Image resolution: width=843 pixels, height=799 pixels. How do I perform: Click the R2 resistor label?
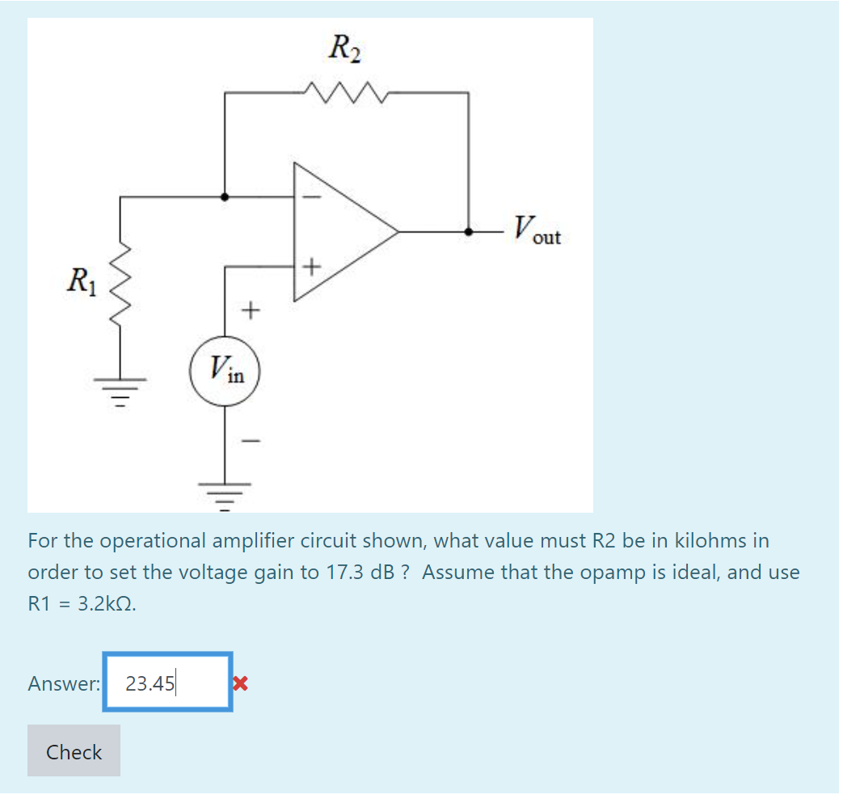coord(345,49)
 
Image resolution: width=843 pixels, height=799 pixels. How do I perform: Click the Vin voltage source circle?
coord(225,372)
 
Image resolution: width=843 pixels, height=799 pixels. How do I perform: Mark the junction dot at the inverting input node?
coord(225,197)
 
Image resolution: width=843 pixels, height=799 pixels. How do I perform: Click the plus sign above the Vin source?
coord(252,309)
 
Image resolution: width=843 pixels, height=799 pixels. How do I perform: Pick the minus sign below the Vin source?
coord(252,442)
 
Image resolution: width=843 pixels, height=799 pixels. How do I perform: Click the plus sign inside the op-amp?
coord(313,265)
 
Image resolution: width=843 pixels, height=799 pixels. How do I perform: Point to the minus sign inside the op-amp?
coord(313,197)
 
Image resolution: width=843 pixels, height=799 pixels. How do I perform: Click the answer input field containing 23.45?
coord(168,683)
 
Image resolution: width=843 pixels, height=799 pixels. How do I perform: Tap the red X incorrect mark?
coord(238,683)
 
